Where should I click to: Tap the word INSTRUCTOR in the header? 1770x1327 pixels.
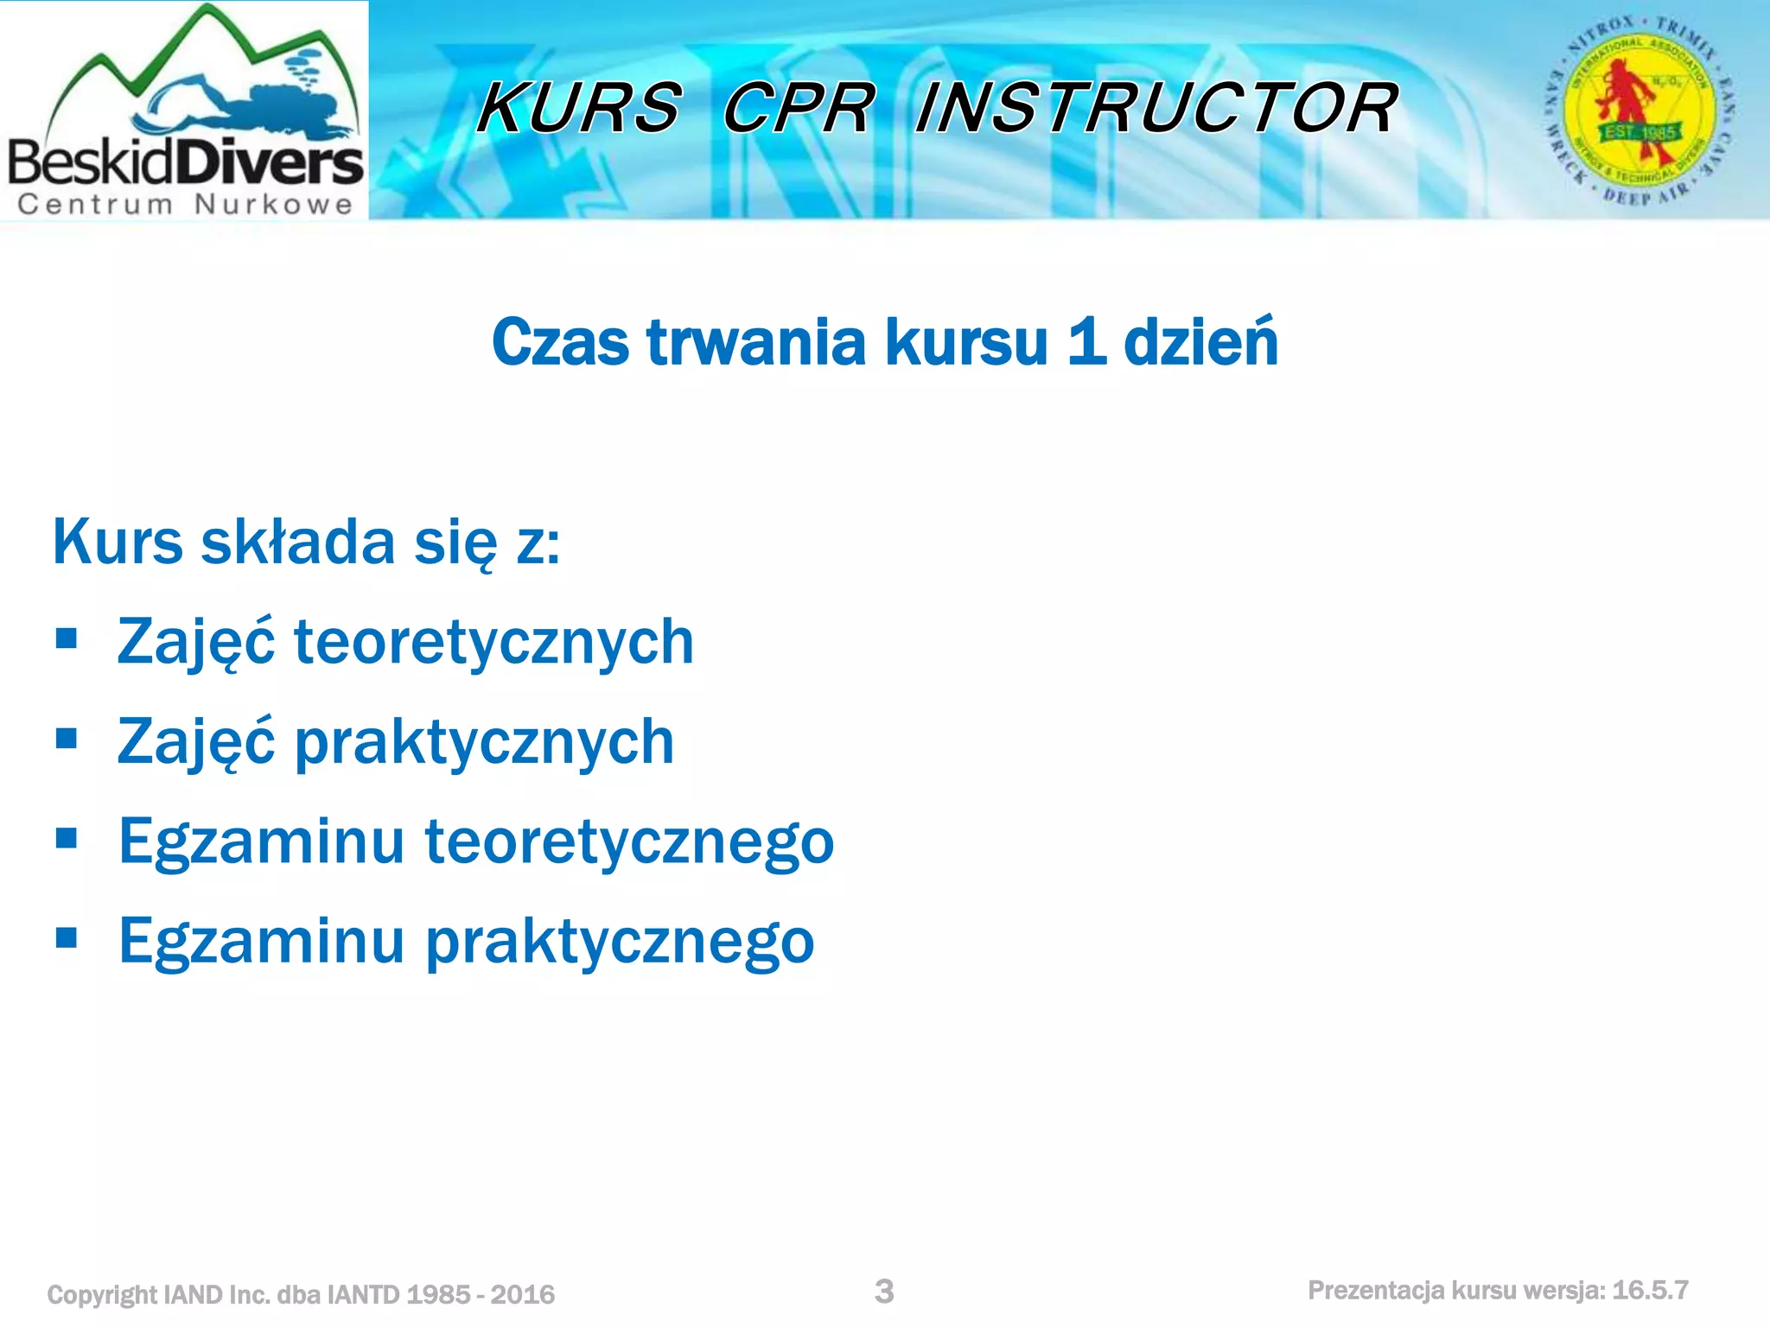(x=1156, y=108)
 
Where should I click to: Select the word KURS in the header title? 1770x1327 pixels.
(x=579, y=108)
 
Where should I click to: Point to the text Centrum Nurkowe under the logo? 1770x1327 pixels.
(x=185, y=205)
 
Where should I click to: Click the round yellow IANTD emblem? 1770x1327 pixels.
(x=1639, y=111)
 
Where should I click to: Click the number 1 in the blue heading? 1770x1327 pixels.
(x=1086, y=342)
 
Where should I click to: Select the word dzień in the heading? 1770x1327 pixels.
(x=1200, y=342)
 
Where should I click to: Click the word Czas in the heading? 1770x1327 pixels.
(x=561, y=342)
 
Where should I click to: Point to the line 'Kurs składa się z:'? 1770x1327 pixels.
(x=307, y=543)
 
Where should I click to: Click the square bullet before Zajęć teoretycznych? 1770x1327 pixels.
(x=67, y=640)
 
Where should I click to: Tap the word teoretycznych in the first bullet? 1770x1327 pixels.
(x=493, y=643)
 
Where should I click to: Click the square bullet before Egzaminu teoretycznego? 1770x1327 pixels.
(x=67, y=838)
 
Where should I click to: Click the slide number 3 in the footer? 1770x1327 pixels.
(x=884, y=1292)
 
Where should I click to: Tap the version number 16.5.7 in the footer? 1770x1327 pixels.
(x=1650, y=1291)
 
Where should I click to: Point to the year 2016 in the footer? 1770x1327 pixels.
(x=522, y=1294)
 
